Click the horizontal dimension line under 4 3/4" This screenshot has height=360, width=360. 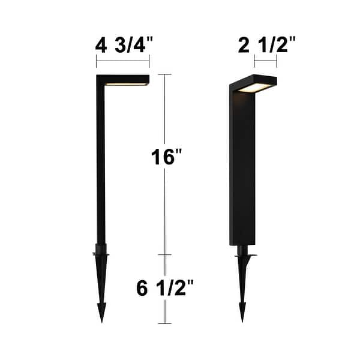(x=122, y=61)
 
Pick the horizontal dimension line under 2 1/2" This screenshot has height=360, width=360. (x=265, y=61)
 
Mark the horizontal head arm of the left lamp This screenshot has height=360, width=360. (x=123, y=79)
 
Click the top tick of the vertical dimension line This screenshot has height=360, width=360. (x=166, y=74)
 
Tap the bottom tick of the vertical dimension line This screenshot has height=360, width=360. (x=166, y=323)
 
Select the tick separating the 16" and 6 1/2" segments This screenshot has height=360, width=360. (x=166, y=254)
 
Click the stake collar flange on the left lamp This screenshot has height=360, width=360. (x=101, y=255)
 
